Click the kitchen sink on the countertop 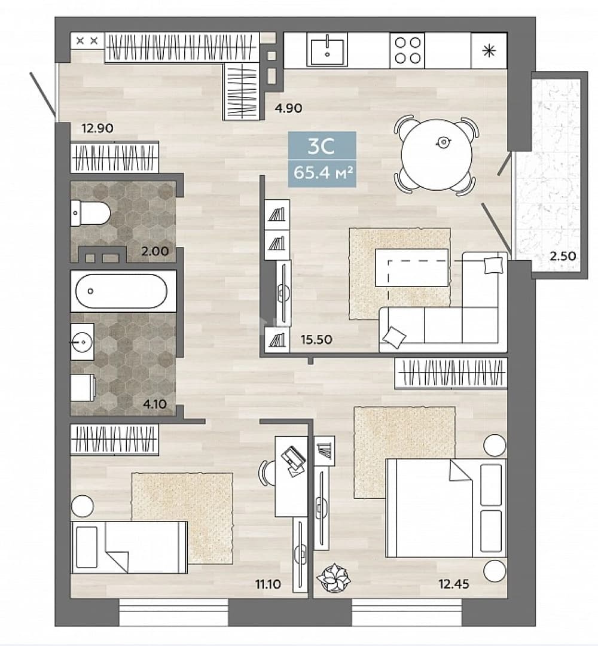tap(327, 50)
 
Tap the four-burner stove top tap(407, 50)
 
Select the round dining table tap(437, 154)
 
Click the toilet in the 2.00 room tap(91, 213)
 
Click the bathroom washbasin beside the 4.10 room tap(83, 342)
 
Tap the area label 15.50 tap(316, 340)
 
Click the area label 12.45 tap(454, 584)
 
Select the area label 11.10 tap(268, 584)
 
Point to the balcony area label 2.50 tap(563, 256)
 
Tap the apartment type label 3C tap(321, 146)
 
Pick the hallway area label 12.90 tap(97, 128)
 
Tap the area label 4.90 tap(289, 108)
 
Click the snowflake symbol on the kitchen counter tap(489, 51)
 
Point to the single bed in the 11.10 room tap(129, 547)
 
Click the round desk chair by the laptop tap(267, 474)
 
